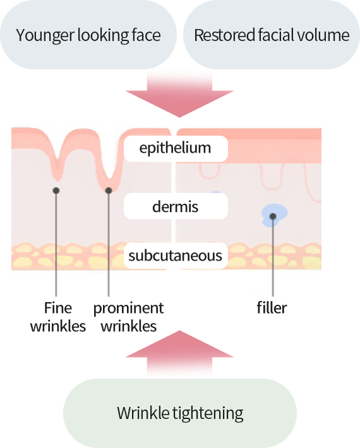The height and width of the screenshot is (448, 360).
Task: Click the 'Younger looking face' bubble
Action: coord(88,35)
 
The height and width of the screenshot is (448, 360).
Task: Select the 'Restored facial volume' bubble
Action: coord(272,35)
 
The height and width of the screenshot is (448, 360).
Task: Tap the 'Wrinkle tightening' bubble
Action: coord(180,413)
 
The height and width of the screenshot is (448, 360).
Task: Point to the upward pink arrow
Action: coord(179,353)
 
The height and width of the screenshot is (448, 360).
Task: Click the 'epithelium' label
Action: coord(176,148)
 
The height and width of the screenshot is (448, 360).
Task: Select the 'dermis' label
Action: coord(176,206)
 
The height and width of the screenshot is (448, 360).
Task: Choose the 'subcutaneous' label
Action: coord(176,256)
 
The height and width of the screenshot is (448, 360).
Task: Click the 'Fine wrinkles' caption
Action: coord(58,317)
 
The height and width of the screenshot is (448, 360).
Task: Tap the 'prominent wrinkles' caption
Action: coord(129,317)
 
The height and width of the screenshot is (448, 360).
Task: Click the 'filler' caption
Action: coord(272,308)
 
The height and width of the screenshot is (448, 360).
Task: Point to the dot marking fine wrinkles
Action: coord(56,191)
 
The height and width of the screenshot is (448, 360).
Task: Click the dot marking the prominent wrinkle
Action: coord(109,191)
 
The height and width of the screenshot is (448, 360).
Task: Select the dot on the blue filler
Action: coord(273,216)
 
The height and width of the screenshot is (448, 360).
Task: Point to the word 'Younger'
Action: coord(45,36)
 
